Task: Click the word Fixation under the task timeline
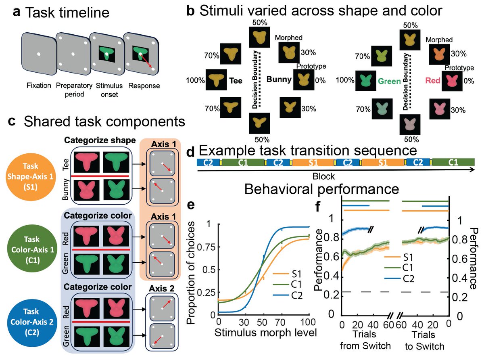[x=38, y=86]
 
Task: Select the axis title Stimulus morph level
[x=264, y=333]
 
